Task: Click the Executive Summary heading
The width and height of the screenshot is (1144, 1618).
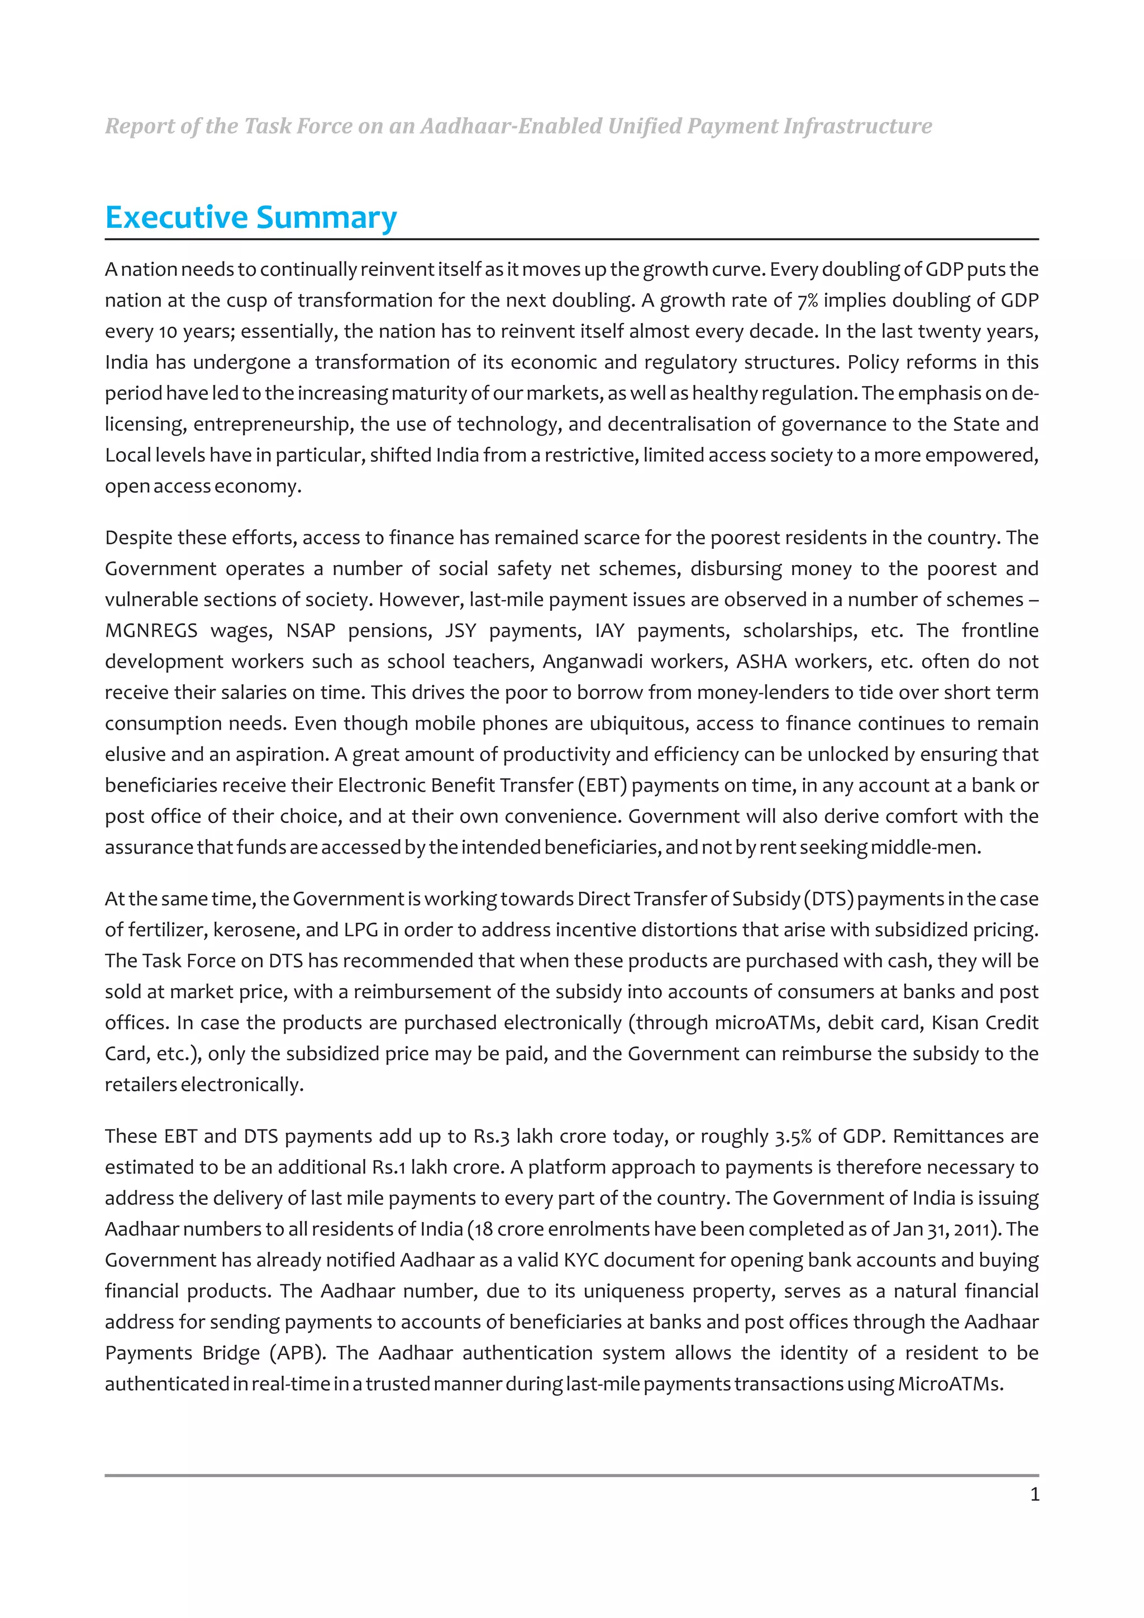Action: coord(251,217)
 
